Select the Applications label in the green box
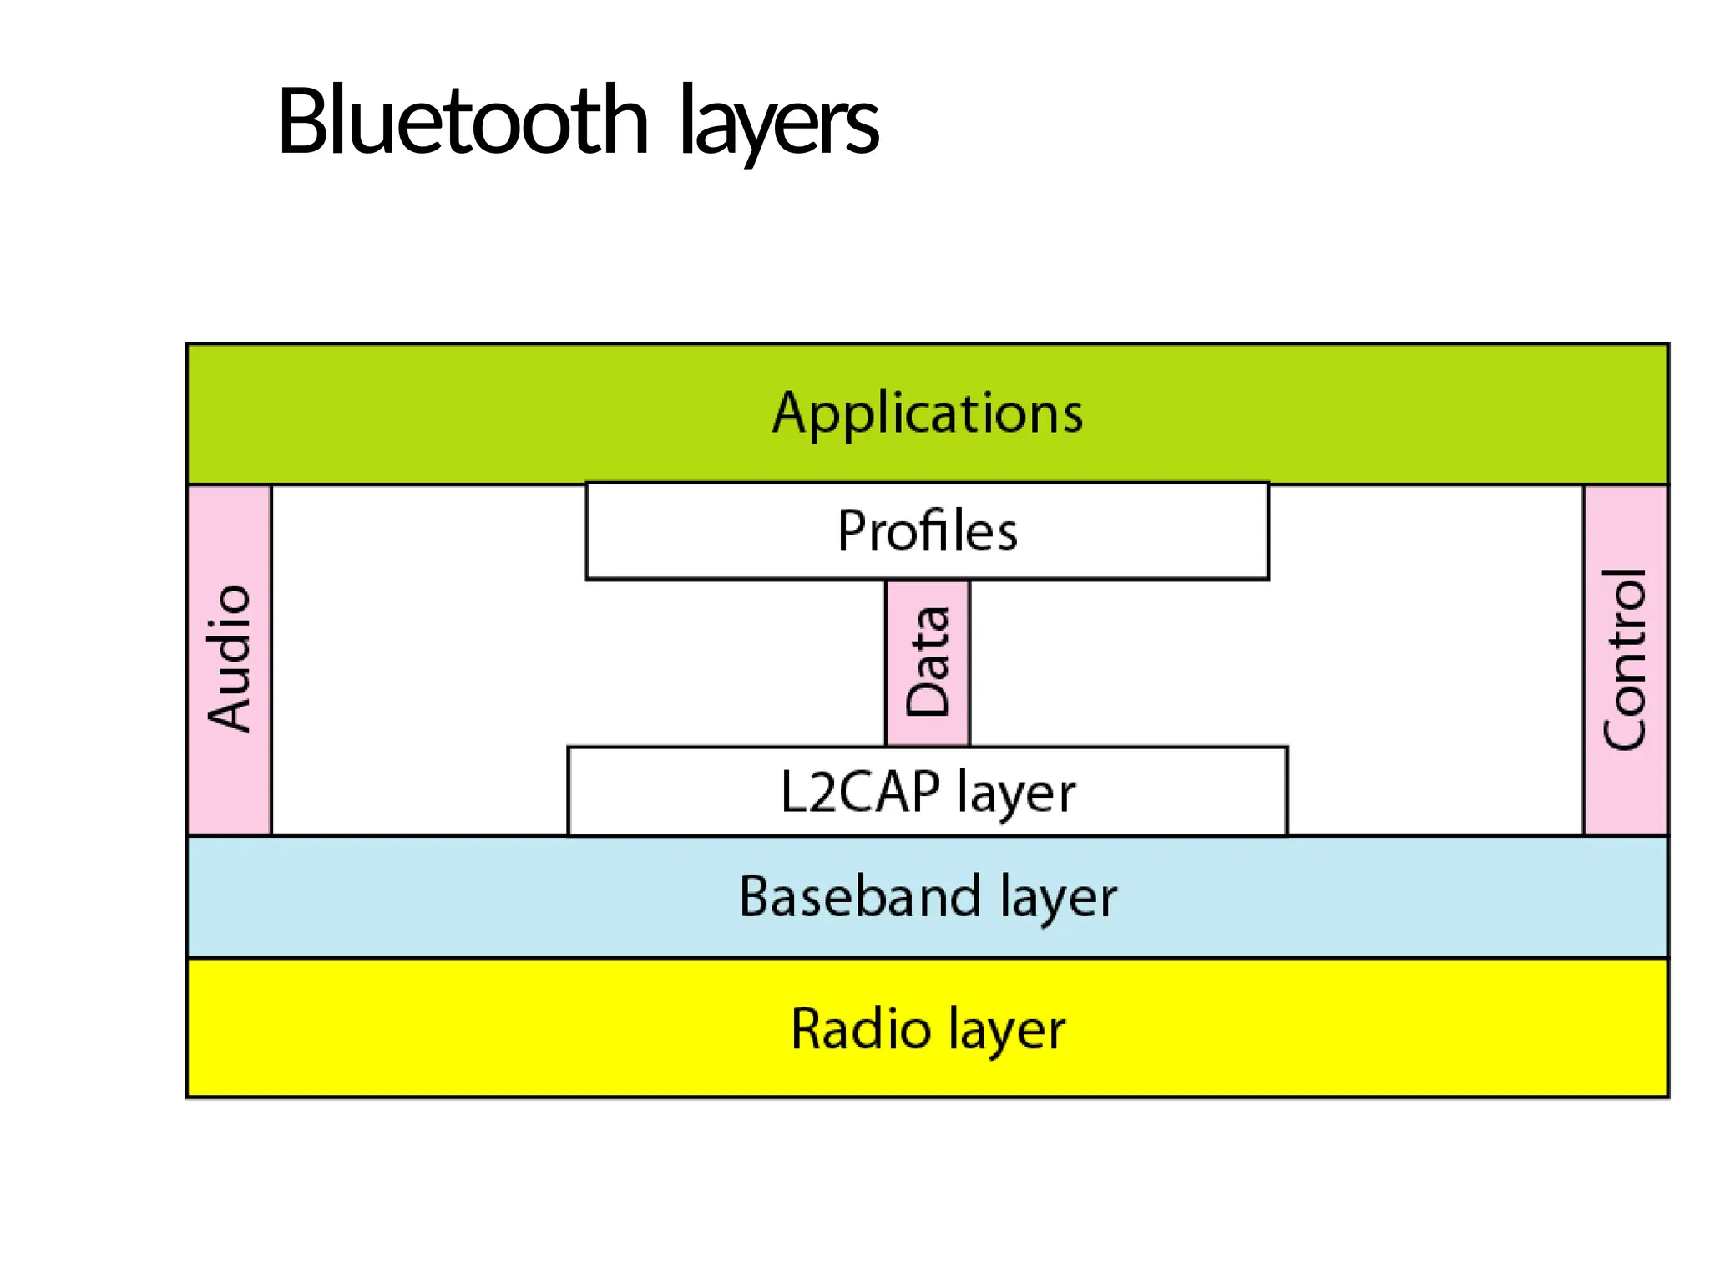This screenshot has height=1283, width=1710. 927,413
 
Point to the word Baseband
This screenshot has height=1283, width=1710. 860,896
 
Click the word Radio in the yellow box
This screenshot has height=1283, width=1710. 860,1028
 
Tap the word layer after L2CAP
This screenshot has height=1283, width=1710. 1016,794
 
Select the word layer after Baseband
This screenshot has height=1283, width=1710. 1058,898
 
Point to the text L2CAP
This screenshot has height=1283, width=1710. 859,792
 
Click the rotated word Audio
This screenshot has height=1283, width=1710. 229,659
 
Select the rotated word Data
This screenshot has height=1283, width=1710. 928,662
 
